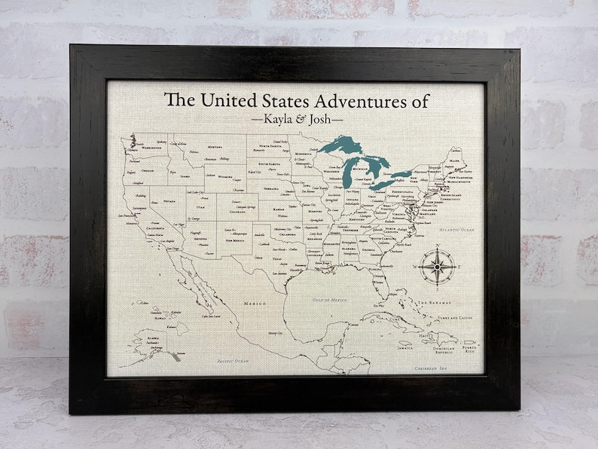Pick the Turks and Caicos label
point(456,319)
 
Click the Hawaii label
point(160,318)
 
